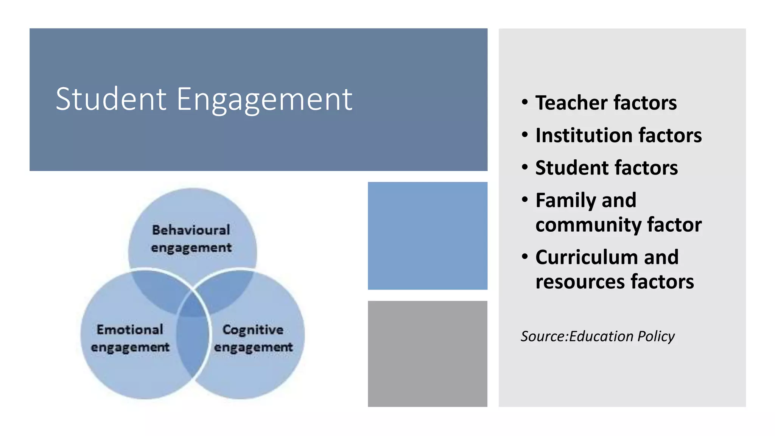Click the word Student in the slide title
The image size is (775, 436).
111,99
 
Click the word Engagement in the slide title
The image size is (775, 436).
265,100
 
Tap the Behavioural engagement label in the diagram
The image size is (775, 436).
191,238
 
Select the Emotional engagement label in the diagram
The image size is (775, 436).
130,338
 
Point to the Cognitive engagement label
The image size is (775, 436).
253,338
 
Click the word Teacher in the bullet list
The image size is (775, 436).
571,103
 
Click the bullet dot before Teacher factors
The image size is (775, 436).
524,102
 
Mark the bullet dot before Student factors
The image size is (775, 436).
524,167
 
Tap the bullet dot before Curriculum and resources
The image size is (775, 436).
524,257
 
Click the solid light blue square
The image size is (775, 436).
427,236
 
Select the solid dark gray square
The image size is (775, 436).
427,354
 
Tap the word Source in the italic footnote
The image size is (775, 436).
543,336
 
